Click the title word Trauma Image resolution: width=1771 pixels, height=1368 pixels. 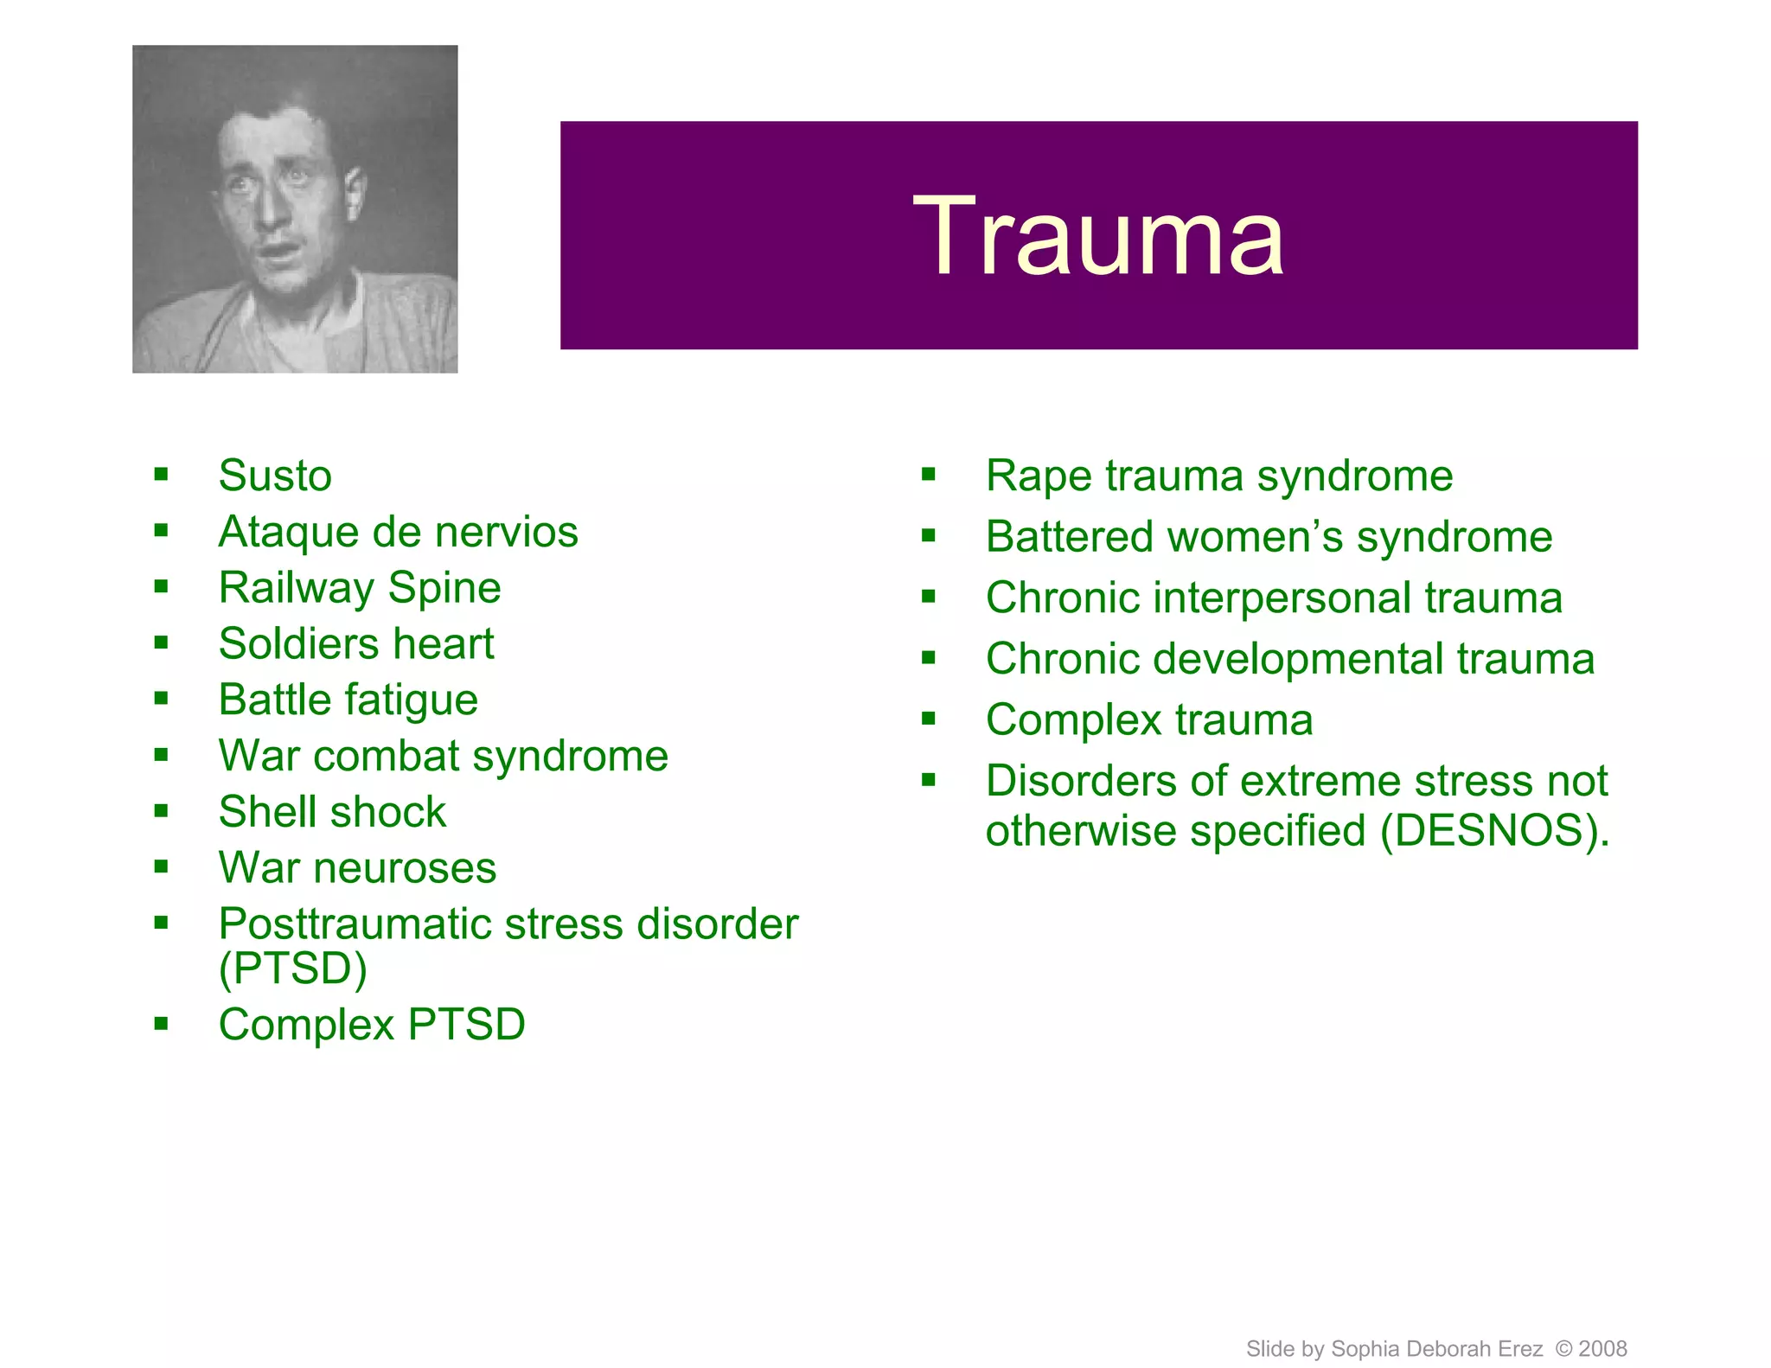tap(1098, 236)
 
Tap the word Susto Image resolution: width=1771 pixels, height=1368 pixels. tap(275, 476)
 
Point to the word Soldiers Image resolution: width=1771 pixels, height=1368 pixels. tap(298, 644)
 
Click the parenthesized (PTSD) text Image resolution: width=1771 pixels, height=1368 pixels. tap(292, 968)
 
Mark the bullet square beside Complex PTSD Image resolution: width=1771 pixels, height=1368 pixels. tap(161, 1025)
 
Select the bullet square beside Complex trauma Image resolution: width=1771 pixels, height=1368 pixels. tap(929, 718)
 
